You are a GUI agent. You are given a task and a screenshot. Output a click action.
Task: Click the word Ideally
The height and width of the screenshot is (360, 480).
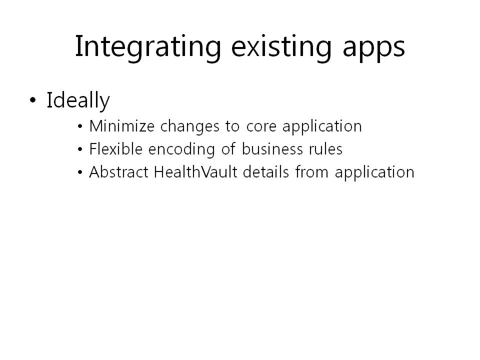coord(78,101)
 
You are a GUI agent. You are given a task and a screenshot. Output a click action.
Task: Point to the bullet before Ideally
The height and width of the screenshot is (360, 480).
coord(33,100)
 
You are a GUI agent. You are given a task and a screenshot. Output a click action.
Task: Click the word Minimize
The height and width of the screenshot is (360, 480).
coord(122,126)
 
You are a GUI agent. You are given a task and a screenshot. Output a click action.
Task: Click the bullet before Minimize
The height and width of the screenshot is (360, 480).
coord(80,126)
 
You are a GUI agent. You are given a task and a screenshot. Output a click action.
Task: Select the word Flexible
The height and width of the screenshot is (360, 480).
coord(116,149)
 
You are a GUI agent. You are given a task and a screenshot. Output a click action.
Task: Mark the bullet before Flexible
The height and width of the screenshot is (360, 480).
coord(80,149)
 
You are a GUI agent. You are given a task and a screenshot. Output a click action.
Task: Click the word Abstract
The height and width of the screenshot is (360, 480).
coord(119,172)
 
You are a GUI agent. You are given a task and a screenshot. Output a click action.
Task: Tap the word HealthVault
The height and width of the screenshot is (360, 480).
coord(195,172)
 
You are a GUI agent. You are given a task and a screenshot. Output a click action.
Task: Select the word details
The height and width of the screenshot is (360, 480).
coord(266,172)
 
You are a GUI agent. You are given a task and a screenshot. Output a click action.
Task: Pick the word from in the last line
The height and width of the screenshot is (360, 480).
coord(312,172)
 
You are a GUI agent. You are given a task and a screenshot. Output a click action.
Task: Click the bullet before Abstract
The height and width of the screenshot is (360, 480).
coord(80,172)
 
